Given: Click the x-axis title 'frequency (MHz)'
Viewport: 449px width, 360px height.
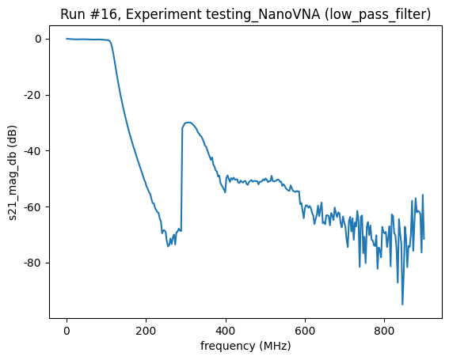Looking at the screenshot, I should (245, 346).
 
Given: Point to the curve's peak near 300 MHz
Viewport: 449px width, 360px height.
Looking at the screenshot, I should (188, 123).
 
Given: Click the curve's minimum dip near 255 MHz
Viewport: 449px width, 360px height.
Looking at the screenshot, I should (168, 247).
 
